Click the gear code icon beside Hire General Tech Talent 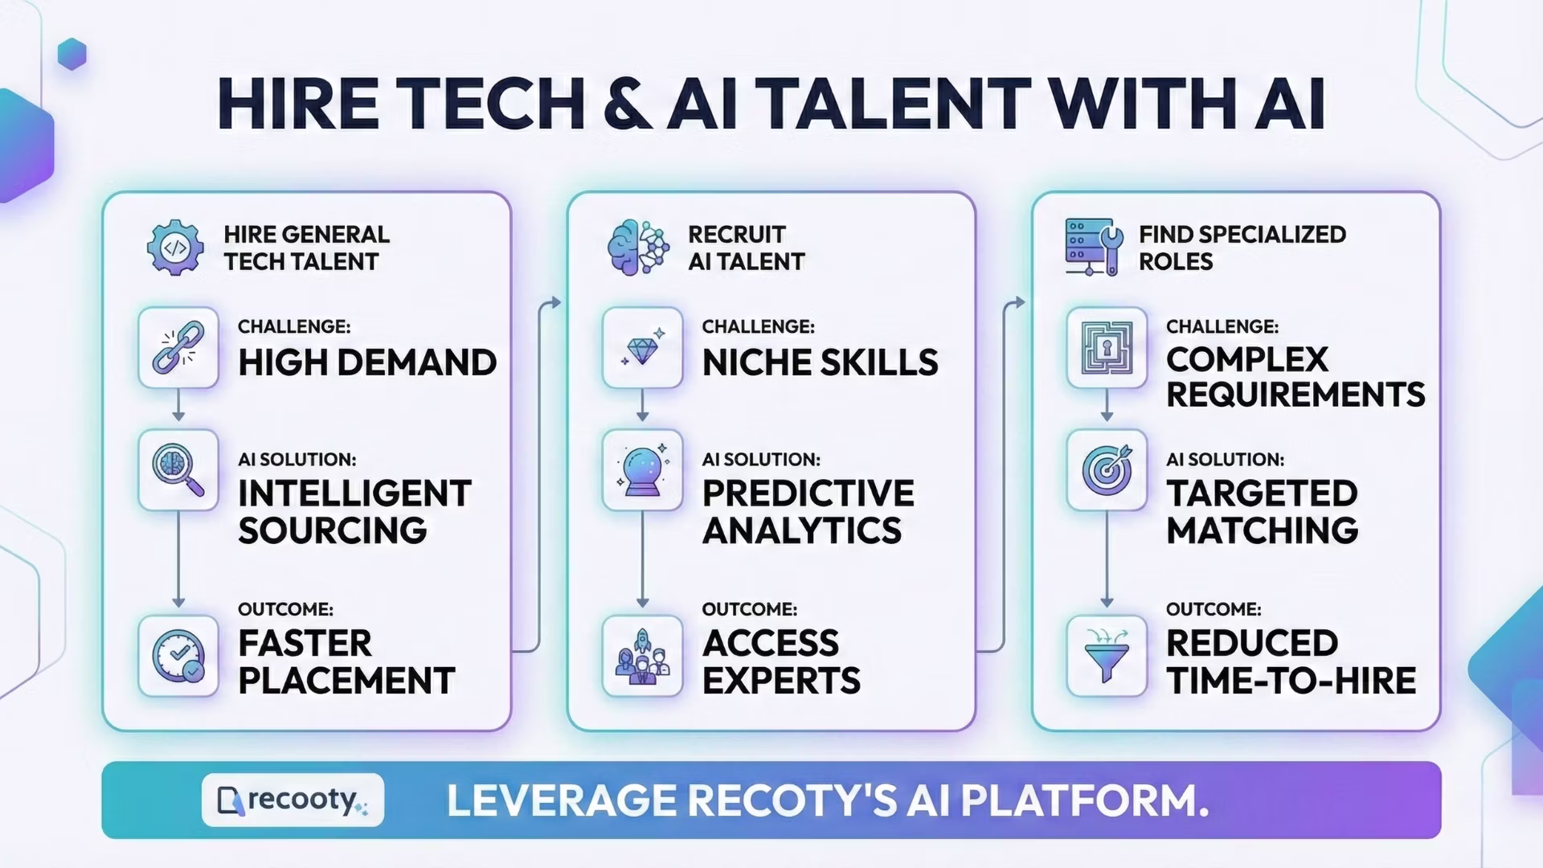[x=175, y=248]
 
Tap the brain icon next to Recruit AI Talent [x=638, y=248]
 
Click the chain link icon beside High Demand [x=178, y=348]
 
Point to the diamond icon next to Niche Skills [x=642, y=348]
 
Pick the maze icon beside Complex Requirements [x=1107, y=348]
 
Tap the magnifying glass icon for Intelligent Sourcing [x=178, y=470]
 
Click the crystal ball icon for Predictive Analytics [x=642, y=470]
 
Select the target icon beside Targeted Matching [x=1107, y=470]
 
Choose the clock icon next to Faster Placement [x=178, y=656]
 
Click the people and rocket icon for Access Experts [x=642, y=656]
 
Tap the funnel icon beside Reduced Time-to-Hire [x=1107, y=656]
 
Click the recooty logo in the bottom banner [x=293, y=800]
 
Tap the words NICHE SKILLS [x=820, y=362]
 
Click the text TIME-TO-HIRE [x=1291, y=681]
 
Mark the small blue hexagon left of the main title [x=72, y=54]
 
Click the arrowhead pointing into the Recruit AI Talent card [x=555, y=303]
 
